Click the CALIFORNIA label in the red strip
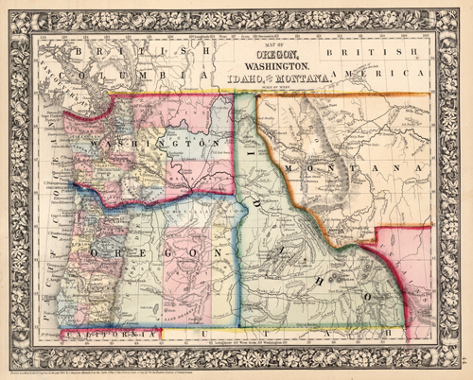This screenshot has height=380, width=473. pos(104,334)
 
